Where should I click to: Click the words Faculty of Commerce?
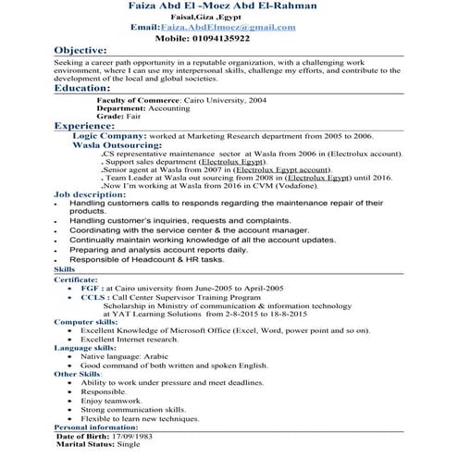[130, 98]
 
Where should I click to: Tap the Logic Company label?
[116, 135]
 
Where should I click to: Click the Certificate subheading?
[75, 278]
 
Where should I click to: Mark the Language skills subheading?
[84, 347]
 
